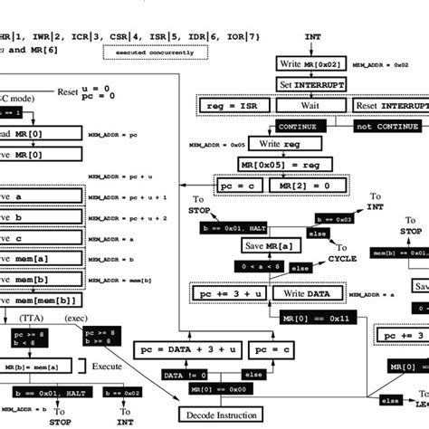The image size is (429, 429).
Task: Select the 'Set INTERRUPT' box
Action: pyautogui.click(x=311, y=86)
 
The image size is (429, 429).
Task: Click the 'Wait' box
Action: pyautogui.click(x=311, y=105)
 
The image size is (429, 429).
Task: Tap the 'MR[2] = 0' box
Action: pyautogui.click(x=307, y=185)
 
